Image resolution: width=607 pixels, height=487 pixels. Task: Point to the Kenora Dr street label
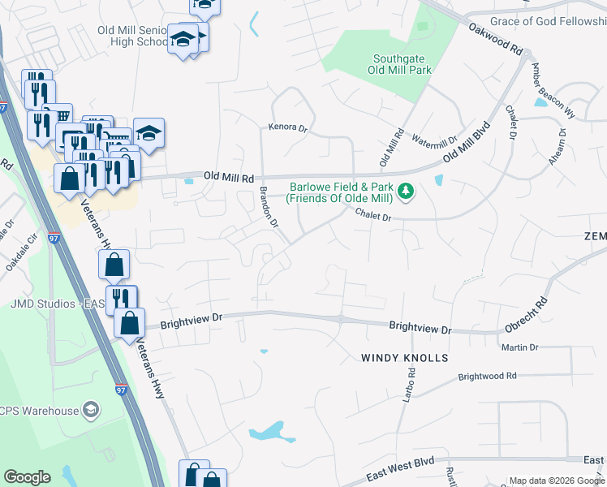click(x=289, y=127)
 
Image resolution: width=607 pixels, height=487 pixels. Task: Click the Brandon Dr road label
click(x=269, y=207)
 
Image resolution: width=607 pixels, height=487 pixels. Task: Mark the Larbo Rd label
click(x=411, y=385)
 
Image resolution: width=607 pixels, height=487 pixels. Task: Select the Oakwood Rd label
click(x=496, y=38)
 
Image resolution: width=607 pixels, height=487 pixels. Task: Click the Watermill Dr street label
click(x=435, y=140)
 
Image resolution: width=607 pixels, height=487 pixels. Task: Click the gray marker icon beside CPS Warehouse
click(x=91, y=411)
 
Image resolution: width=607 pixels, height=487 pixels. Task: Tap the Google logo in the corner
click(x=27, y=477)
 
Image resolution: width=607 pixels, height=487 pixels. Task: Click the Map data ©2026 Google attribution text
click(x=556, y=481)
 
